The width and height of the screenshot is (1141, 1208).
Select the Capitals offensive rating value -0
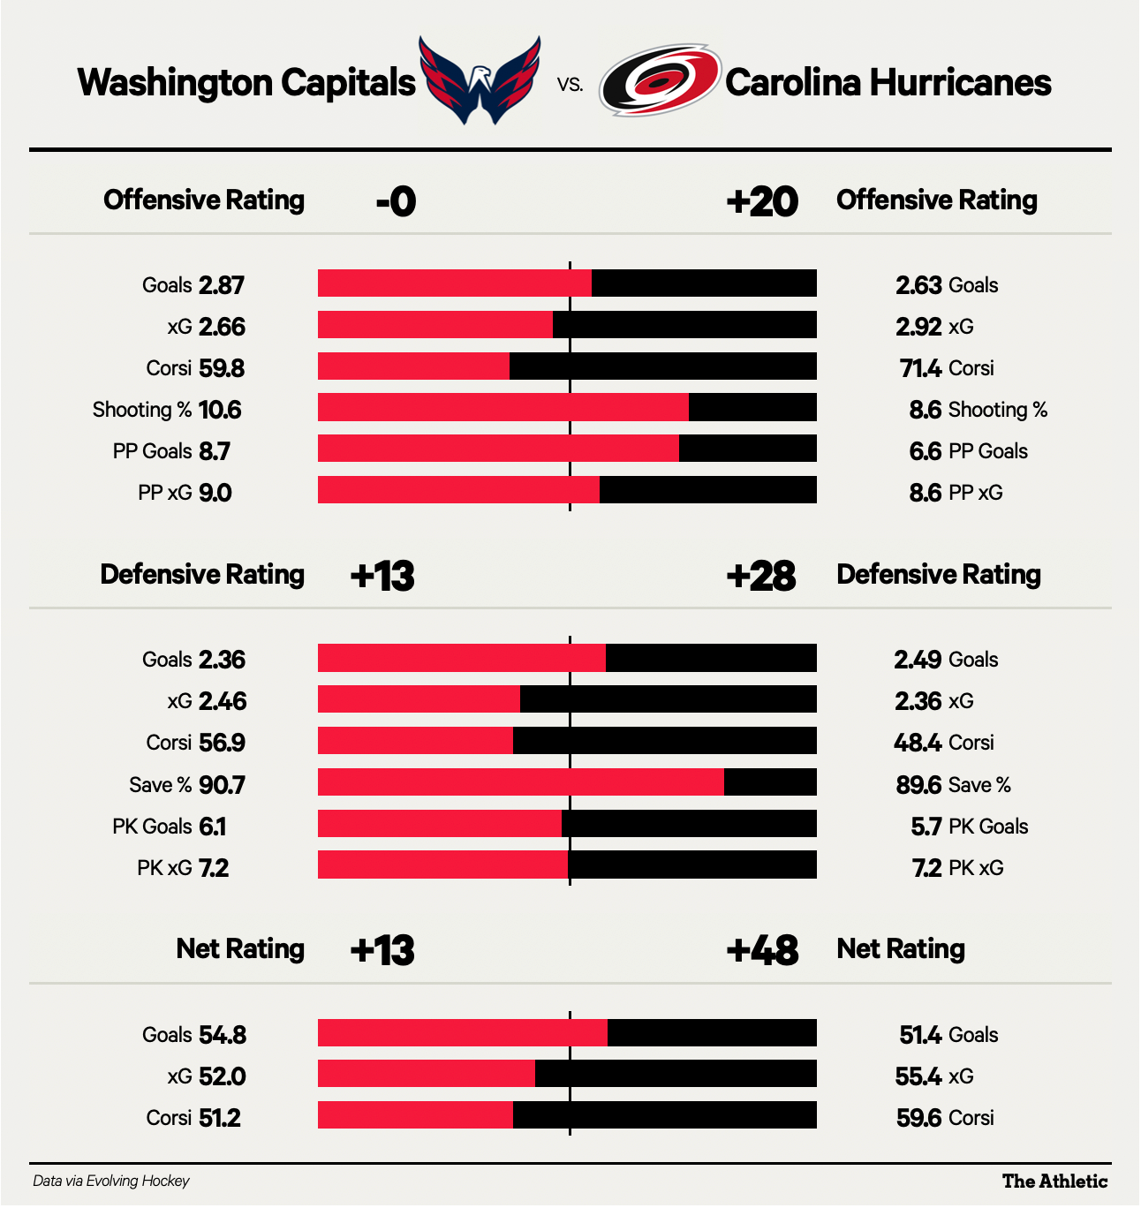coord(396,202)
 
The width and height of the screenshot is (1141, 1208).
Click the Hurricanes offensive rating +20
coord(762,202)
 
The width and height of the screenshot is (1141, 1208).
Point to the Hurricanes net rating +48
coord(762,951)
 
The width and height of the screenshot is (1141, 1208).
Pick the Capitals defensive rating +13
coord(382,577)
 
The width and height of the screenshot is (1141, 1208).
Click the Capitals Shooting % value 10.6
coord(220,410)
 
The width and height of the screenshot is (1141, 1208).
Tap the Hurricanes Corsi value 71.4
coord(919,368)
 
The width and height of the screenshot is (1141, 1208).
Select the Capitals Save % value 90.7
coord(222,785)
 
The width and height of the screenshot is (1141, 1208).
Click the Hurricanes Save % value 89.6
coord(918,785)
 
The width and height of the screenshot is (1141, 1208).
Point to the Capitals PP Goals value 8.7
coord(215,451)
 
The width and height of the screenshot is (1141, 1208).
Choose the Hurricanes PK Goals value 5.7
coord(926,827)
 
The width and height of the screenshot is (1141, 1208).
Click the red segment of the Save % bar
coord(521,782)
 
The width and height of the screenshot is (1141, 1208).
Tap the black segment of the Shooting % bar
coord(752,408)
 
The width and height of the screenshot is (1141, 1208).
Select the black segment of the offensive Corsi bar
coord(663,366)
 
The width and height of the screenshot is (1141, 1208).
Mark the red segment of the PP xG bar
coord(458,490)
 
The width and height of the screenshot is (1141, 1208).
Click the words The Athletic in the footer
coord(1054,1182)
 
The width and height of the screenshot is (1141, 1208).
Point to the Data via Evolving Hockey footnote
coord(111,1182)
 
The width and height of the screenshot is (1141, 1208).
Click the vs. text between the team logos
coord(570,85)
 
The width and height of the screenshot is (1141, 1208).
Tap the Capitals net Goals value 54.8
coord(223,1035)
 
